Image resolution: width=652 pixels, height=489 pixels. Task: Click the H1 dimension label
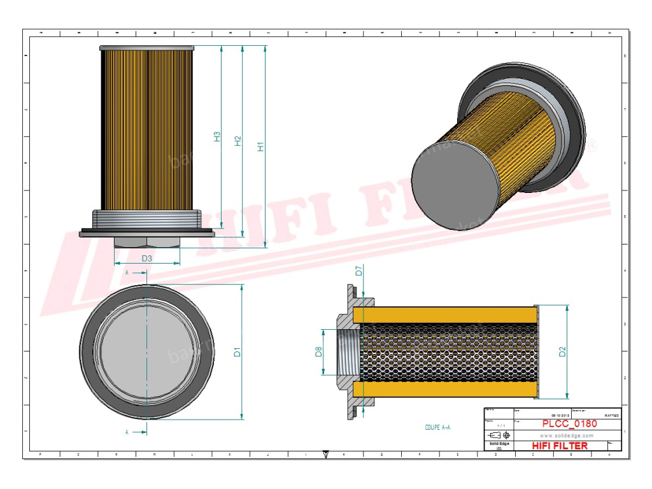[260, 146]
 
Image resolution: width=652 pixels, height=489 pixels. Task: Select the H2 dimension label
[238, 141]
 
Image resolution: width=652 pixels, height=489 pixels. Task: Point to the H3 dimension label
[216, 136]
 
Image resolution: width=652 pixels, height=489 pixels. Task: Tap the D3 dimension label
[146, 259]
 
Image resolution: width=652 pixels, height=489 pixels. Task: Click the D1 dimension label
[237, 351]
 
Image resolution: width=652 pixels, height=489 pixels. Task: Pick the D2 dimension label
[562, 351]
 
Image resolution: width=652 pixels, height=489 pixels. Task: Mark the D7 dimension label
[358, 271]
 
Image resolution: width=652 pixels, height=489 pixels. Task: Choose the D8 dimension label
[318, 351]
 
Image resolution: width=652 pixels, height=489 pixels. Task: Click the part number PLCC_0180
[569, 423]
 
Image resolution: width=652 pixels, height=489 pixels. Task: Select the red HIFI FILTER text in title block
[560, 446]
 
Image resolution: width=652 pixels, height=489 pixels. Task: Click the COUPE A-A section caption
[437, 428]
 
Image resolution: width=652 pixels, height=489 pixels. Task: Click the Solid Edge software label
[498, 443]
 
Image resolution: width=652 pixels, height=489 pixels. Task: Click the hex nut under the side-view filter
[147, 242]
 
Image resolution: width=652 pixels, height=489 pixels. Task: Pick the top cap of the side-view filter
[147, 48]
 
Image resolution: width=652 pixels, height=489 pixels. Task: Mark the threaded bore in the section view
[348, 351]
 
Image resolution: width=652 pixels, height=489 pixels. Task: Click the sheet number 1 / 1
[500, 425]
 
